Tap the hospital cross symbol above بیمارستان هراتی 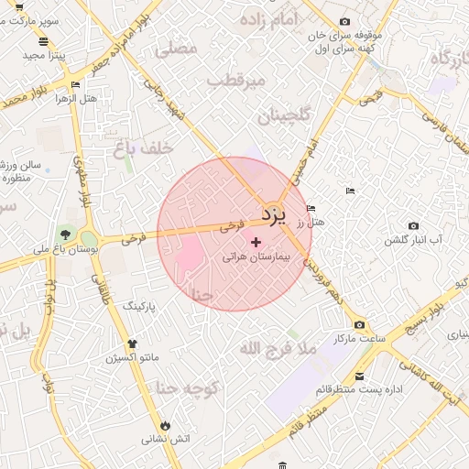point(256,242)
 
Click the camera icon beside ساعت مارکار point(358,325)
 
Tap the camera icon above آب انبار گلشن point(413,226)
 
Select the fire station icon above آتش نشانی point(165,426)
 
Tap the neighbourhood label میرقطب point(236,82)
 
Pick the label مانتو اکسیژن point(131,355)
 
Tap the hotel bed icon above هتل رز point(311,208)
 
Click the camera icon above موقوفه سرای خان point(344,21)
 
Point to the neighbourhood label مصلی point(177,49)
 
